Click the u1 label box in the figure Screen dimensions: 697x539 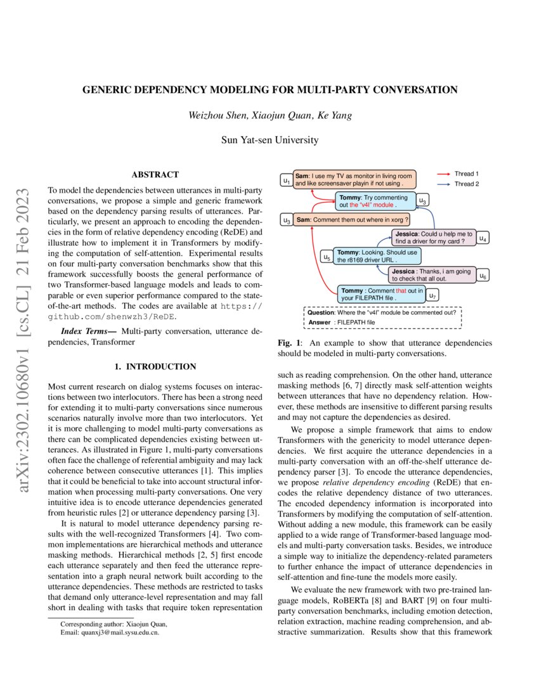pos(287,181)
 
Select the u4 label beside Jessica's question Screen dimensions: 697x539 pos(483,239)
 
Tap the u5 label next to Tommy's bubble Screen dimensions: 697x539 pos(327,258)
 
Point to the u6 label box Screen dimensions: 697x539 pos(483,276)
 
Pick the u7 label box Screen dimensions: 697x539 pos(432,295)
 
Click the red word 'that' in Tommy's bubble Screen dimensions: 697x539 pos(399,291)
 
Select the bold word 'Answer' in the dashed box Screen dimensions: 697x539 pos(320,322)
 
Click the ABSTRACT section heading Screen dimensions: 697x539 pos(155,174)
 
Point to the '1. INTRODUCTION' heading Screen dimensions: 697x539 pos(155,366)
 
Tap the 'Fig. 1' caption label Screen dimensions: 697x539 pos(289,343)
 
